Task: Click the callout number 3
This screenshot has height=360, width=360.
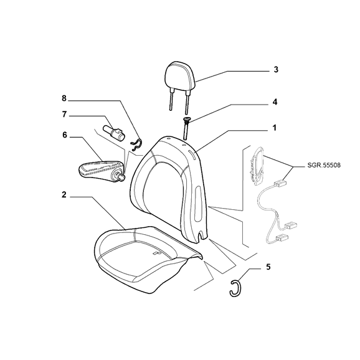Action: click(276, 69)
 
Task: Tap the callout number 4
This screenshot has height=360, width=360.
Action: click(275, 102)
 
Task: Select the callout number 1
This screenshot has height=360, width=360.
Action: click(275, 128)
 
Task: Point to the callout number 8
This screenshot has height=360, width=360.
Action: click(64, 98)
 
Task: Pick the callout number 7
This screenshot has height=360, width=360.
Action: click(64, 114)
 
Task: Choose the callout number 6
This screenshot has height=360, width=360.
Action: click(65, 135)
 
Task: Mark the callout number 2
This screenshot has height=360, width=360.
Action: click(64, 195)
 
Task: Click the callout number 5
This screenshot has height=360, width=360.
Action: click(268, 267)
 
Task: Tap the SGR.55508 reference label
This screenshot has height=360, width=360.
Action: click(324, 165)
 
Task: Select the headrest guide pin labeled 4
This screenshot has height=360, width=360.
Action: click(186, 128)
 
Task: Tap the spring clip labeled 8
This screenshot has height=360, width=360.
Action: click(137, 145)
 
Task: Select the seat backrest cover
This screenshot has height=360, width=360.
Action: click(170, 188)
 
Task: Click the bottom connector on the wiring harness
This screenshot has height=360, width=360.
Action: click(282, 238)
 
